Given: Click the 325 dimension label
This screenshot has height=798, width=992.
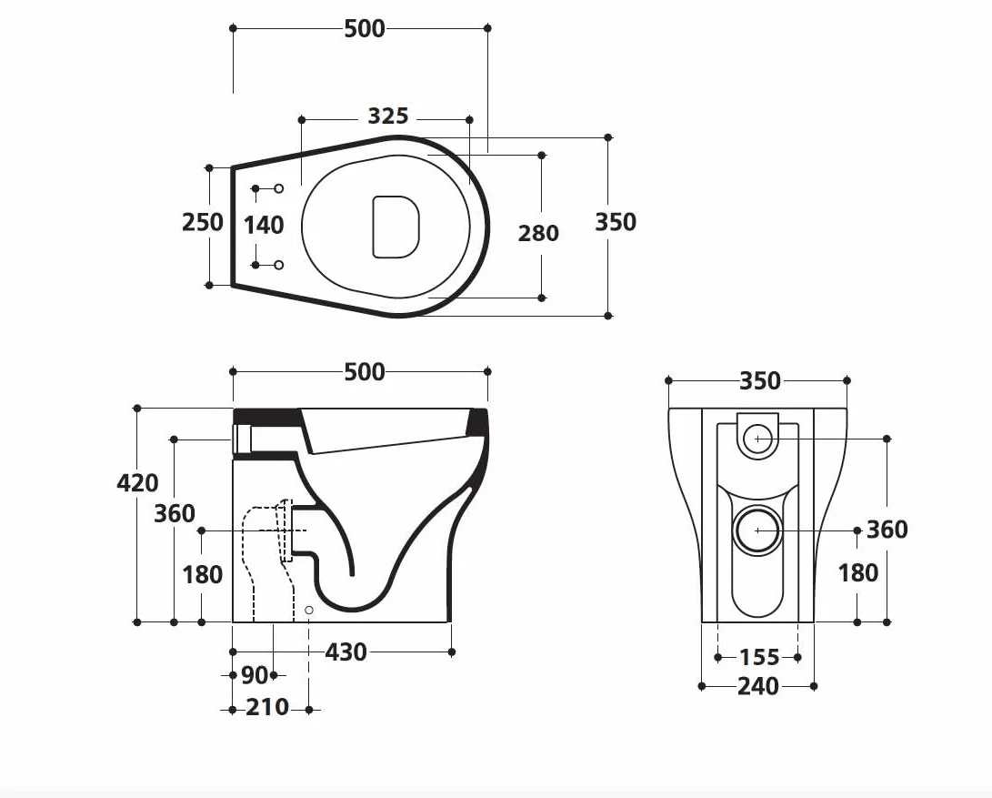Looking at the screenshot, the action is (388, 116).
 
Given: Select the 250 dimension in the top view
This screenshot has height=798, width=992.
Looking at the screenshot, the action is (203, 222).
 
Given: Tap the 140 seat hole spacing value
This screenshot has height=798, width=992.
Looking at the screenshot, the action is (264, 225).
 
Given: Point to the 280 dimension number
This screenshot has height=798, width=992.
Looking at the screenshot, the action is (538, 233).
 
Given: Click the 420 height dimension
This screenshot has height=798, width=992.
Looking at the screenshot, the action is (137, 482).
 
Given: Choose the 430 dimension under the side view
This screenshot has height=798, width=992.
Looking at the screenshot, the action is (346, 652).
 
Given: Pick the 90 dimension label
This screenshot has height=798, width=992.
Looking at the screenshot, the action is (255, 675).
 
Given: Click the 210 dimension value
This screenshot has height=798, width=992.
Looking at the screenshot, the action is (267, 707).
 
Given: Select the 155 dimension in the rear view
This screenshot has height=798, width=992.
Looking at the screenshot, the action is (759, 657).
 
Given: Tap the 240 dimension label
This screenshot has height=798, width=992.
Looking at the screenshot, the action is (758, 686).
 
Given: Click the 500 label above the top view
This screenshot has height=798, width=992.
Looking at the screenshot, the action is (365, 28).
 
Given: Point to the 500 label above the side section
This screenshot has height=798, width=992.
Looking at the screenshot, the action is (365, 372).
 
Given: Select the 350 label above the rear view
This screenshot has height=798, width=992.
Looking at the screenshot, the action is (760, 380).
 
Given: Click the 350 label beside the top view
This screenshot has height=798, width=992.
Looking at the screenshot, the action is (616, 222).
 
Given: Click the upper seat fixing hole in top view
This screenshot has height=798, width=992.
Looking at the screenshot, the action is (278, 188).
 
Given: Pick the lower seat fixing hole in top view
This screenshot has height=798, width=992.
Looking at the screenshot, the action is (278, 265).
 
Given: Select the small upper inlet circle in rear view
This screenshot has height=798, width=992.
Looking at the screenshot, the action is (757, 439).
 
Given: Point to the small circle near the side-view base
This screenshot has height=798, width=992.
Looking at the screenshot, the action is (309, 610).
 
